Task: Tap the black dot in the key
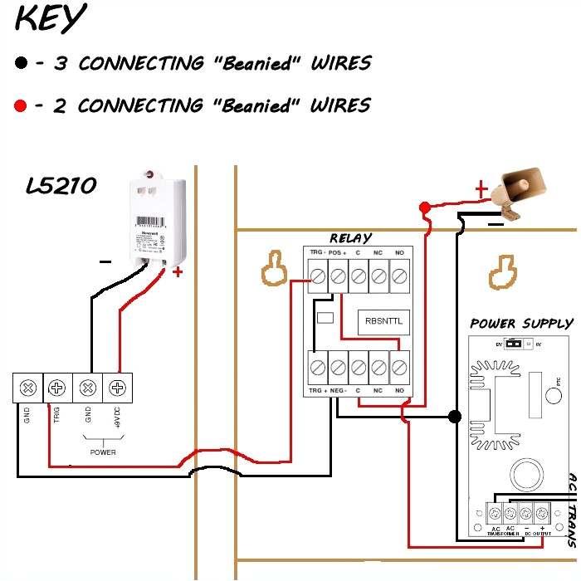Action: pyautogui.click(x=21, y=63)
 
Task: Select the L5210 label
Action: pyautogui.click(x=61, y=186)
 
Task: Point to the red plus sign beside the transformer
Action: pyautogui.click(x=176, y=271)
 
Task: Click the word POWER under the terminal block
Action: pyautogui.click(x=103, y=452)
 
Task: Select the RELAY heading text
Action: pyautogui.click(x=350, y=239)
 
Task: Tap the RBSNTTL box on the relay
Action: pyautogui.click(x=383, y=322)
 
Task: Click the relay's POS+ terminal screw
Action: pyautogui.click(x=338, y=274)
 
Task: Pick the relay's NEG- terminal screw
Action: pyautogui.click(x=338, y=365)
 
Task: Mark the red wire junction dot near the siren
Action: pyautogui.click(x=424, y=207)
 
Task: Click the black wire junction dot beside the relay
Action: pyautogui.click(x=454, y=416)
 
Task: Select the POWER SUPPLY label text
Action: pyautogui.click(x=520, y=324)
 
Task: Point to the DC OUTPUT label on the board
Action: pyautogui.click(x=535, y=533)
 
